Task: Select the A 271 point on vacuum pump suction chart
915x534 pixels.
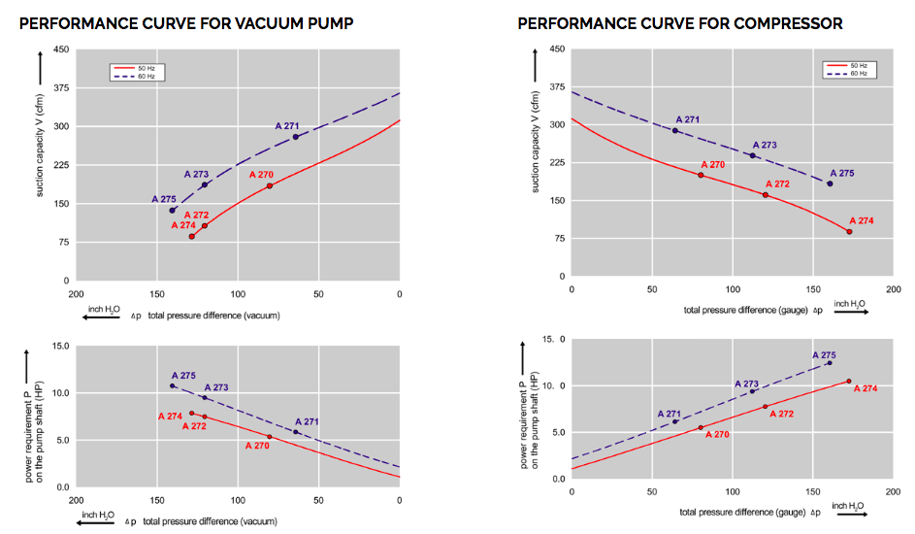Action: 295,137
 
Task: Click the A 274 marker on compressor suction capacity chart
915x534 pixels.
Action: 849,231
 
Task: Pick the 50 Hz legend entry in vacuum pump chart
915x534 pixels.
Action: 135,68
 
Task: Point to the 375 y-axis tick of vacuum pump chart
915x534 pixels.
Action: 59,88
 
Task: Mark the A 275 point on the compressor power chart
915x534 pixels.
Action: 829,363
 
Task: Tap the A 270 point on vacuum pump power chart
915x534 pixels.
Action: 270,437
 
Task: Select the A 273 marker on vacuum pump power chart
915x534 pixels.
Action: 205,397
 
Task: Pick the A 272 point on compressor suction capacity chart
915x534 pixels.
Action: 765,195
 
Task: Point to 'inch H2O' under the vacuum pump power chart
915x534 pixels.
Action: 98,515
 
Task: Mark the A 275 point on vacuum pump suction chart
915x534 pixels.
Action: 172,211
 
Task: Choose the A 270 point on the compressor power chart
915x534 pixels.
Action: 701,427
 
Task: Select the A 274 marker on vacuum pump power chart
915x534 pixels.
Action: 191,413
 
